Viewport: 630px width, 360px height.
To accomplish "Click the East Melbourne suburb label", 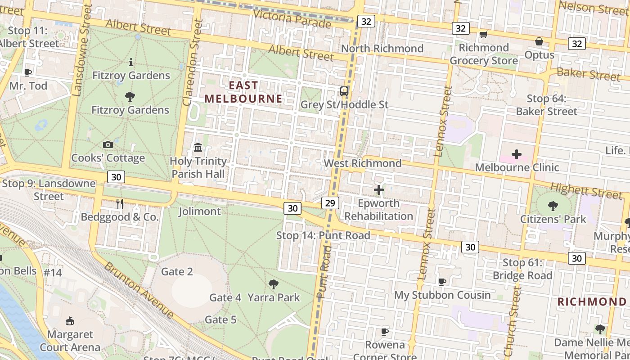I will point(243,92).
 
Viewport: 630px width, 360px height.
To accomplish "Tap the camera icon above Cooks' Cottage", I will point(108,144).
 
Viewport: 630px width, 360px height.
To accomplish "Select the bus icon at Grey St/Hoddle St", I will point(344,91).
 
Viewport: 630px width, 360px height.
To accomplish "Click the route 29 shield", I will point(330,203).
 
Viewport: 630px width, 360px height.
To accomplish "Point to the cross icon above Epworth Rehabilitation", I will point(379,190).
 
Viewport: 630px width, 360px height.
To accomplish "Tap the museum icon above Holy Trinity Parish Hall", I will point(198,147).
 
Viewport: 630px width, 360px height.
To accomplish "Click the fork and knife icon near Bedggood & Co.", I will point(120,204).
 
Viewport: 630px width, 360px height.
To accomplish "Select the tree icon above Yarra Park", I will point(273,284).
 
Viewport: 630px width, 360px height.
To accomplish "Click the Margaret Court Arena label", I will point(70,341).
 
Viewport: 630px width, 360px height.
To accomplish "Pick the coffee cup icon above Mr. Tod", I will point(28,72).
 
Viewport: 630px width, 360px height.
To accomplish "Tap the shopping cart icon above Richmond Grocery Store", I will point(484,34).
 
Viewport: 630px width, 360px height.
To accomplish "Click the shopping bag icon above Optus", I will point(539,42).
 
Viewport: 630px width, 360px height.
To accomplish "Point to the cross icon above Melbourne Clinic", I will point(517,154).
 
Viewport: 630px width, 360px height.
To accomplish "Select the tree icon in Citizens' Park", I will point(553,206).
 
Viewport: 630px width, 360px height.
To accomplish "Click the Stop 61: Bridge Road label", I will point(522,269).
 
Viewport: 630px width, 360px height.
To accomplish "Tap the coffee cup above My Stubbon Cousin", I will point(442,282).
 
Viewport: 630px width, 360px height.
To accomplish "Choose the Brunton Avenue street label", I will point(139,290).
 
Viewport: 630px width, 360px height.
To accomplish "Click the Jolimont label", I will point(200,211).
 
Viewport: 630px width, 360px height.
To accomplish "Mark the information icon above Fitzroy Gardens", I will point(131,62).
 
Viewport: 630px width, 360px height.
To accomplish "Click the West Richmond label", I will point(363,163).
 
